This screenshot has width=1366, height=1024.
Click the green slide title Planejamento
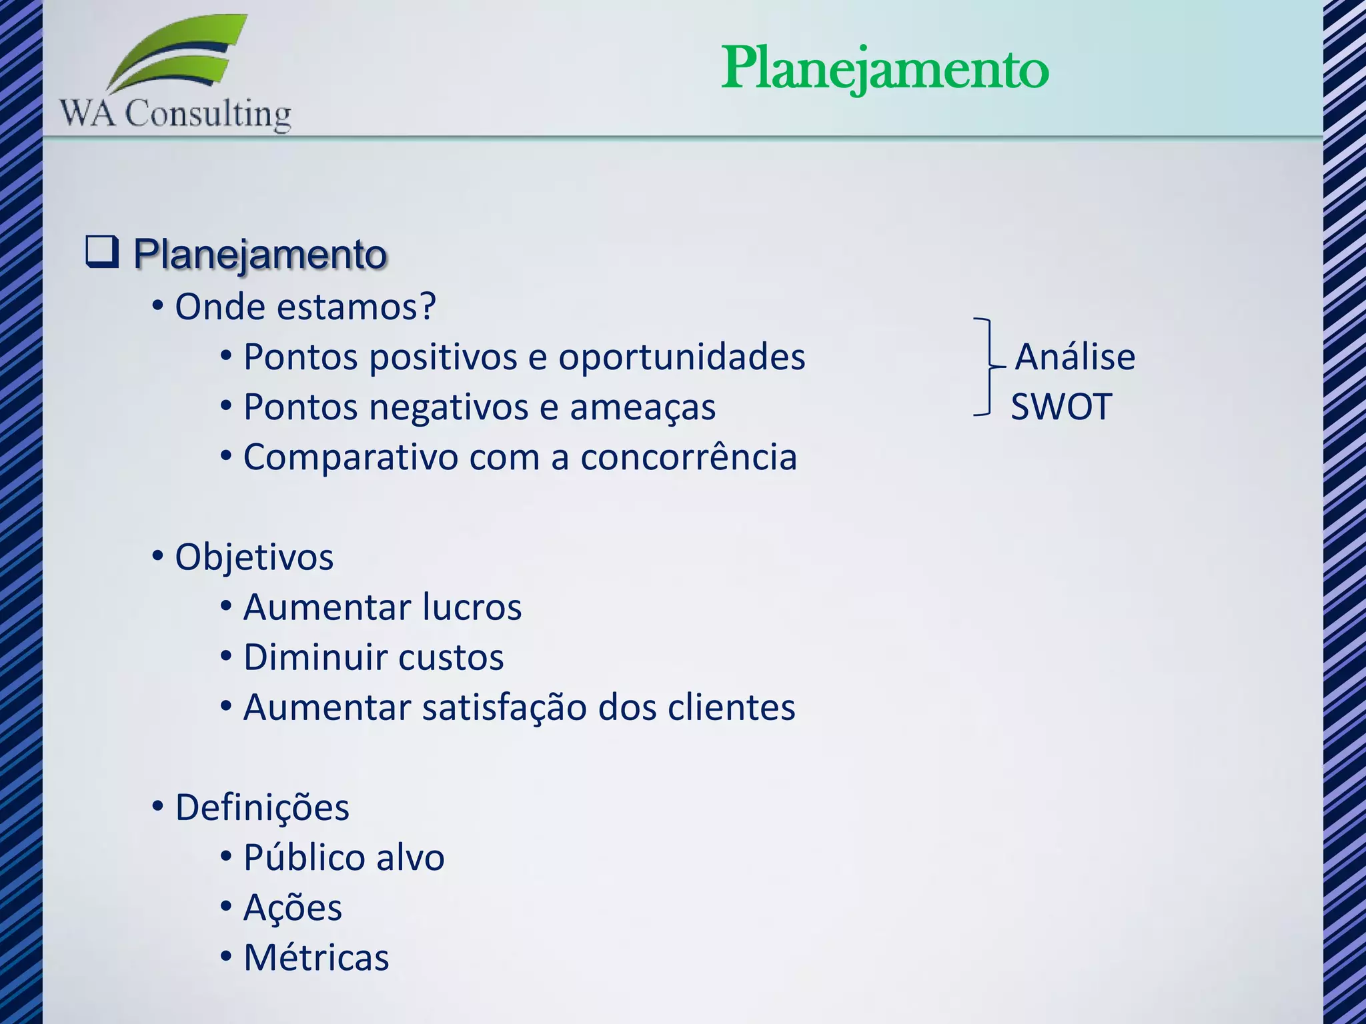coord(884,69)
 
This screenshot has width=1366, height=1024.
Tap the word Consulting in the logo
coord(208,113)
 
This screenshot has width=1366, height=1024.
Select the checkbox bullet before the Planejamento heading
coord(102,252)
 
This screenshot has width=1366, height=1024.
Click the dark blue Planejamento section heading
coord(260,254)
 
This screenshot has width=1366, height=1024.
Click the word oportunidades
coord(682,357)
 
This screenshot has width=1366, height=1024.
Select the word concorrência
coord(688,457)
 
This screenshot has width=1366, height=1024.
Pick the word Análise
coord(1075,357)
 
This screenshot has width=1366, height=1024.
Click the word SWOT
coord(1061,407)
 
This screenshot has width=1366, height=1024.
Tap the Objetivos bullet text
coord(254,557)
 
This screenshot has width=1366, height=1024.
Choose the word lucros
coord(472,607)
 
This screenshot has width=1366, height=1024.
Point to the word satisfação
coord(504,707)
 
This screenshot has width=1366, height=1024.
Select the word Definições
coord(262,807)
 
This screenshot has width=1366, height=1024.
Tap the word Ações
coord(293,907)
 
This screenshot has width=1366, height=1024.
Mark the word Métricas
coord(316,957)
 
